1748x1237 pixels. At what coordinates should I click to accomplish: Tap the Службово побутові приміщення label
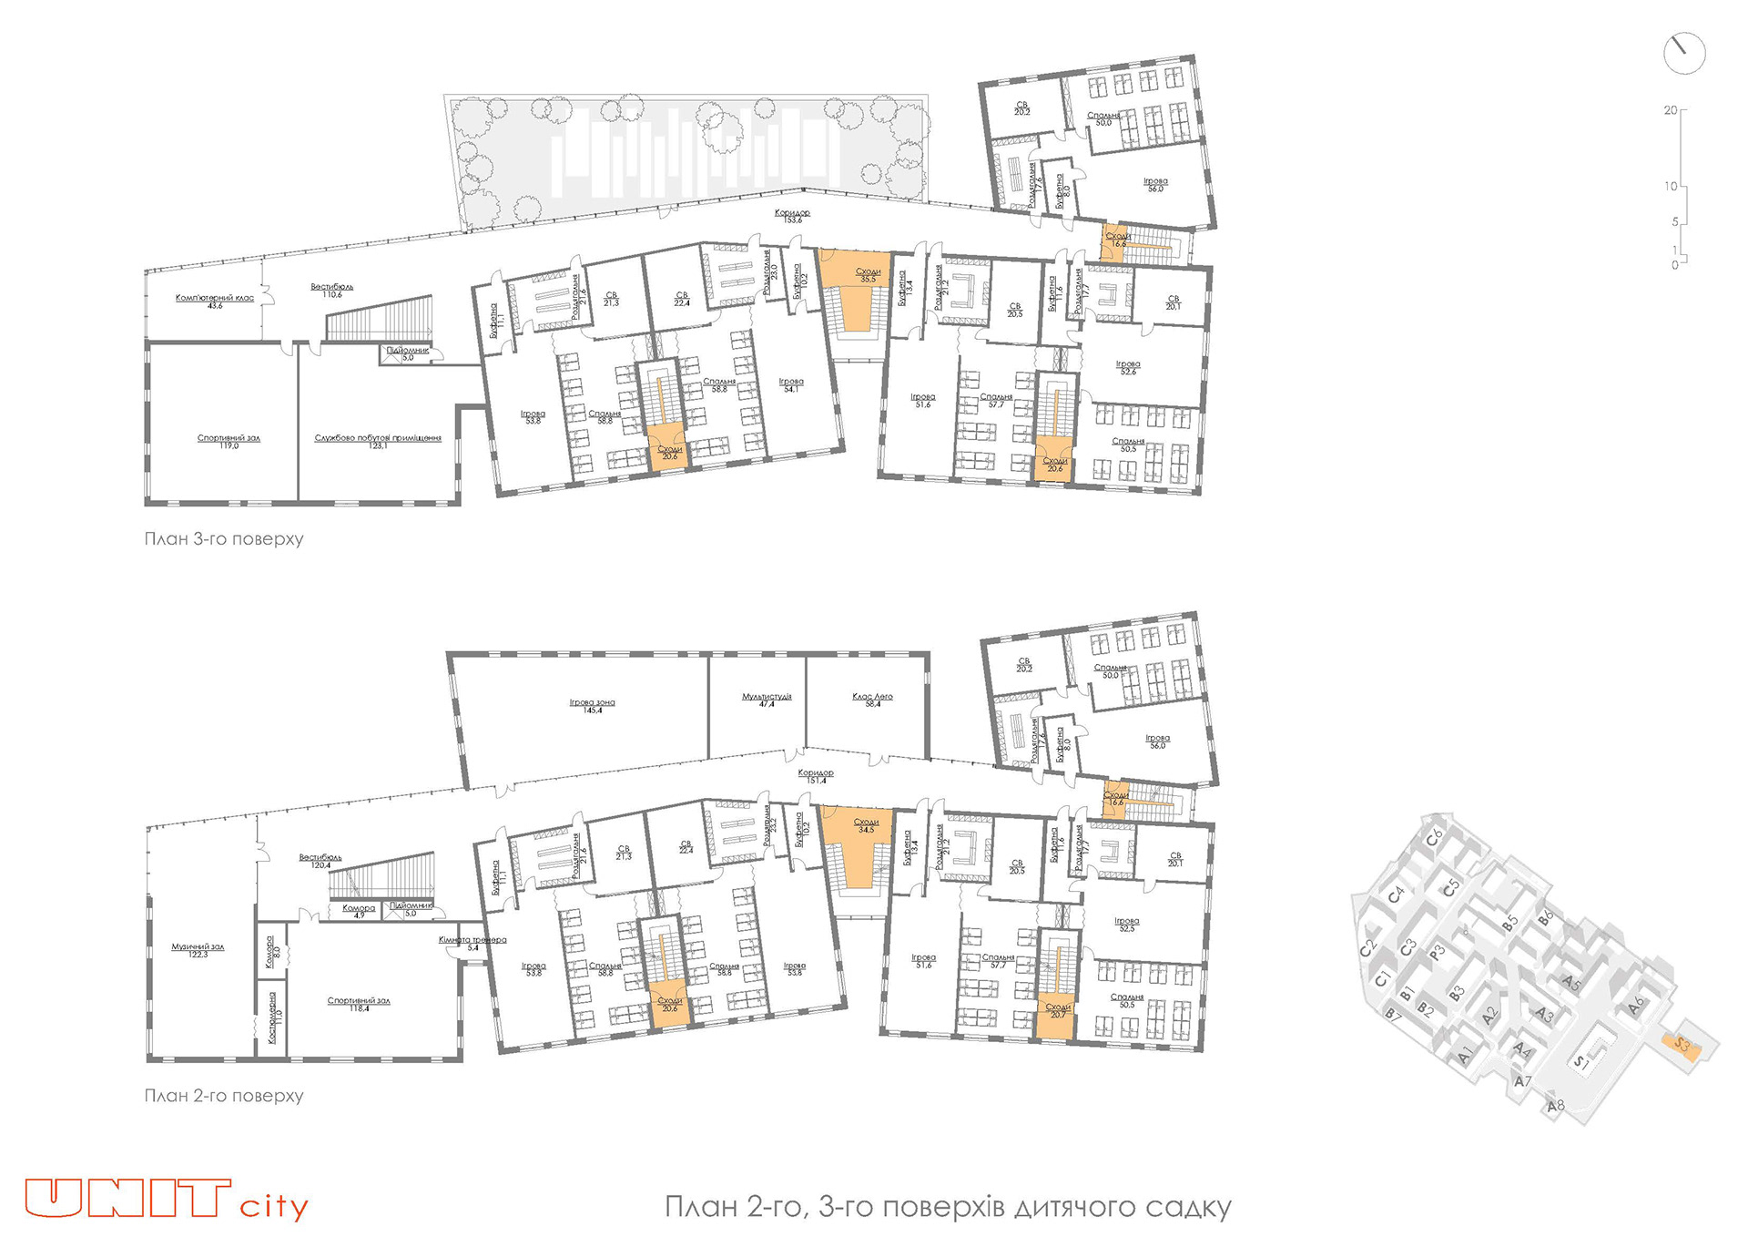click(x=378, y=440)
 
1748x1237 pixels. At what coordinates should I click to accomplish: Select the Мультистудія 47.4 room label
click(x=767, y=699)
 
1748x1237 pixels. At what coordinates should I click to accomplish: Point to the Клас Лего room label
click(x=872, y=699)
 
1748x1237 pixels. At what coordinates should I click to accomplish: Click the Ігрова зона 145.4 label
click(x=592, y=705)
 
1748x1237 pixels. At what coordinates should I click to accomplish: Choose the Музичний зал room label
click(x=198, y=949)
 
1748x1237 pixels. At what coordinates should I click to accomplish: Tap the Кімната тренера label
click(x=473, y=942)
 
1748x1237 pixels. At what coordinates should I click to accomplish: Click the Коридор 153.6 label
click(x=792, y=215)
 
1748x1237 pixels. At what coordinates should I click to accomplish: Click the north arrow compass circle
click(x=1683, y=54)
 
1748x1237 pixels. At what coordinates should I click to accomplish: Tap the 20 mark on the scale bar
click(x=1671, y=110)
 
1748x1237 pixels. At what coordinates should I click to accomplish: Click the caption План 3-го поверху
click(x=224, y=538)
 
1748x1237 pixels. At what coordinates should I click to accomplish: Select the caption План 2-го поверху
click(x=224, y=1096)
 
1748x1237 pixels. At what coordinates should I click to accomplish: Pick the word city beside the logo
click(x=274, y=1207)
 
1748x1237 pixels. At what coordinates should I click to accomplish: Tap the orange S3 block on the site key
click(x=1682, y=1046)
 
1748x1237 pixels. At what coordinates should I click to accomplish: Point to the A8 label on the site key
click(x=1555, y=1106)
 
